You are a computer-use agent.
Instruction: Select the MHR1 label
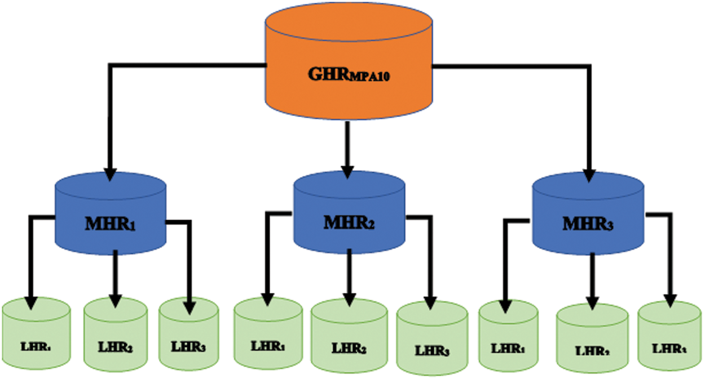point(110,224)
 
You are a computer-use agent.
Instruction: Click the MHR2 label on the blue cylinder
point(349,222)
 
